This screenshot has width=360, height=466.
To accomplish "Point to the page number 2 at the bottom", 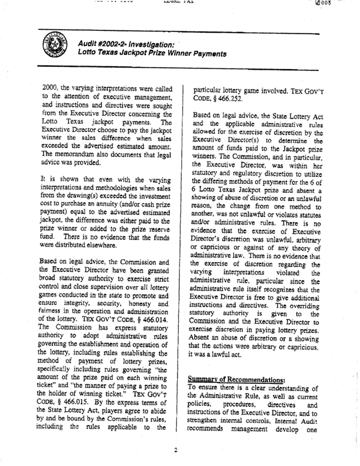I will [x=175, y=449].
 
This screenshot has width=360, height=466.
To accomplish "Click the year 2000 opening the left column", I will [x=50, y=88].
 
